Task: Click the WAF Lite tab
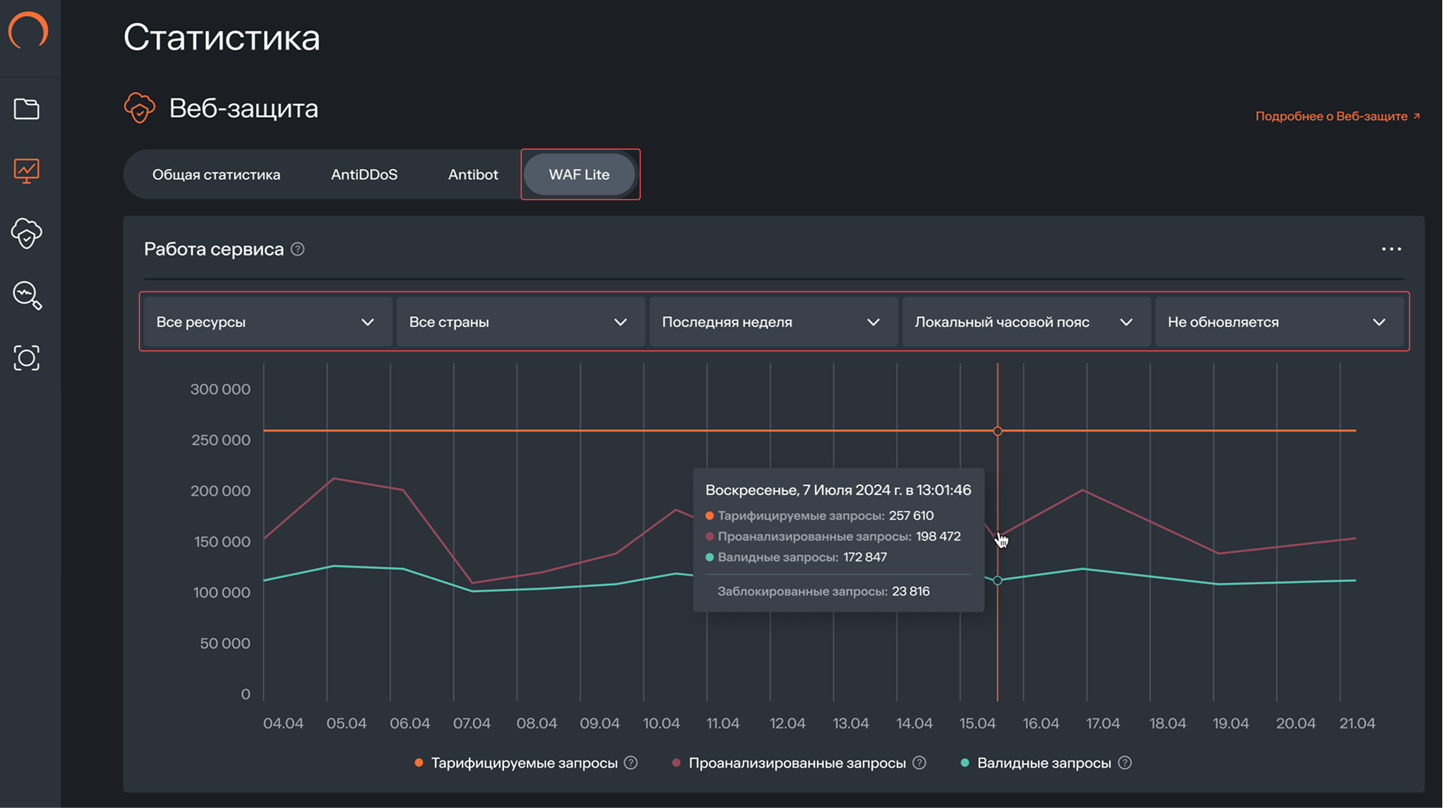tap(579, 174)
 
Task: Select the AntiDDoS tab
tap(364, 174)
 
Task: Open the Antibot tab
tap(472, 174)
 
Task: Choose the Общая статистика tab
tap(216, 174)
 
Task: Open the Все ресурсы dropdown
tap(266, 322)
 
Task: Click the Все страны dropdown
tap(518, 322)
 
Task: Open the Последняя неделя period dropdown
tap(771, 322)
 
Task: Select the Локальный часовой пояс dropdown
tap(1024, 322)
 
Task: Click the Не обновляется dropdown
tap(1276, 322)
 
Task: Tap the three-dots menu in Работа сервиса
tap(1391, 249)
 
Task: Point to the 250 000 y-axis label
tap(220, 440)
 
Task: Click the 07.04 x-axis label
tap(472, 723)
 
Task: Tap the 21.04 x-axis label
tap(1357, 723)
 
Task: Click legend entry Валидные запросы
tap(1043, 763)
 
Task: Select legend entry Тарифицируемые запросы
tap(523, 763)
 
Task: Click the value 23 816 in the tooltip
tap(910, 591)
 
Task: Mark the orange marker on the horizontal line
tap(997, 431)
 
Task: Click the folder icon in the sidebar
tap(27, 109)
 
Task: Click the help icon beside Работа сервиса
tap(297, 249)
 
